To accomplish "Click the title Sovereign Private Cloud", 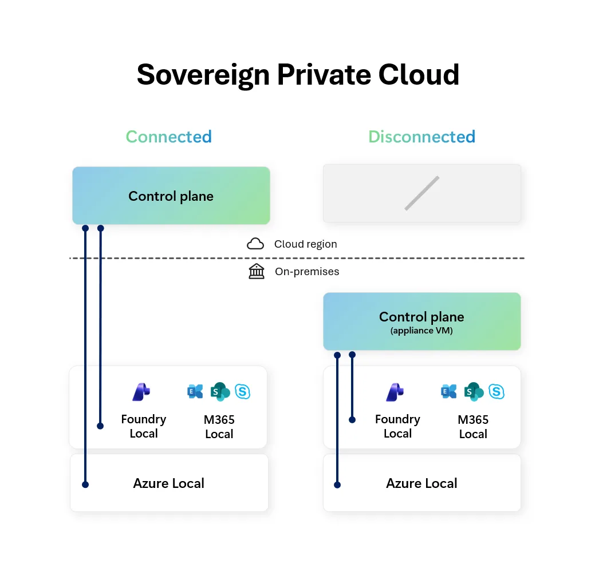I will [x=298, y=75].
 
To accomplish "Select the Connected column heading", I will [x=168, y=137].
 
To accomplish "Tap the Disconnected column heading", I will [x=421, y=137].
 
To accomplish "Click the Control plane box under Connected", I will [x=171, y=196].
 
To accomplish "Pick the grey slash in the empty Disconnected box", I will [x=422, y=193].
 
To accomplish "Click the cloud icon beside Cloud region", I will [x=255, y=244].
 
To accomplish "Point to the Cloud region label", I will [x=305, y=244].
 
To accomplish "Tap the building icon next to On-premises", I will [x=257, y=271].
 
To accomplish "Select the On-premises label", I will [x=307, y=272].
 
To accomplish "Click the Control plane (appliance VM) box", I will [x=421, y=321].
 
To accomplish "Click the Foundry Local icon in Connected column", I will [x=141, y=392].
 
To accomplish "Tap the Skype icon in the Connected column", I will [x=243, y=392].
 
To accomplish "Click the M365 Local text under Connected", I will [x=219, y=427].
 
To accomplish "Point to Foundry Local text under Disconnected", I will [x=397, y=427].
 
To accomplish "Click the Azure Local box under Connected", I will [x=169, y=483].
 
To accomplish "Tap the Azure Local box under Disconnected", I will [x=421, y=483].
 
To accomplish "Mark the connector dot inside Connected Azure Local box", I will [x=85, y=484].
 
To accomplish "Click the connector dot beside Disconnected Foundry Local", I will [x=352, y=420].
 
